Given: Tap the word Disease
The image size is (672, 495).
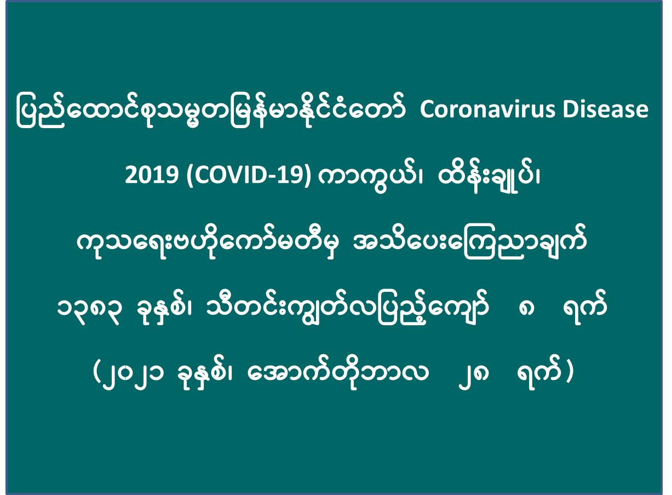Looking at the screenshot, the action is (606, 110).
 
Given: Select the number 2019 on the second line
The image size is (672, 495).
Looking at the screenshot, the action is (151, 176).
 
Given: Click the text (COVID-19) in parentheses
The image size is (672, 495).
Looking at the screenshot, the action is (248, 176).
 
